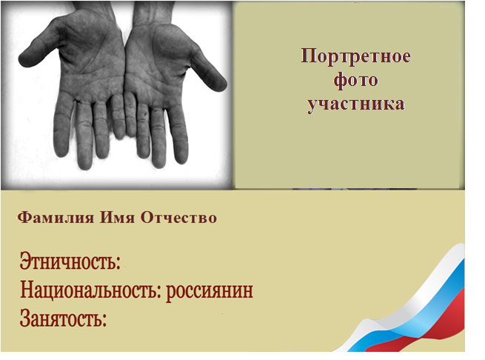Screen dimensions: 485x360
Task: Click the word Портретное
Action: (x=356, y=56)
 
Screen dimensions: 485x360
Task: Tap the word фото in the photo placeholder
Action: (x=355, y=79)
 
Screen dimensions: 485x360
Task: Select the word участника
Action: (x=356, y=104)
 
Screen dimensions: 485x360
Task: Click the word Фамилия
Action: (x=56, y=218)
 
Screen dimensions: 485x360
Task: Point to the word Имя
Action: (x=117, y=218)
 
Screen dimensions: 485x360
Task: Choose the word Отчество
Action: (x=178, y=218)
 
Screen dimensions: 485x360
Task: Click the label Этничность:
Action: (x=70, y=261)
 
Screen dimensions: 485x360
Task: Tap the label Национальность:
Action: (x=91, y=290)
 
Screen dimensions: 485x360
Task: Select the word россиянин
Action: (x=210, y=292)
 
